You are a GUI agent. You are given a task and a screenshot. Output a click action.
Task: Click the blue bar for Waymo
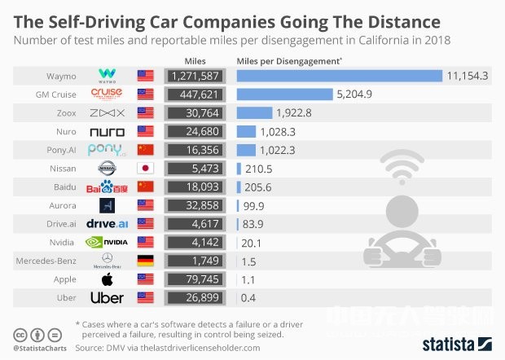(x=339, y=75)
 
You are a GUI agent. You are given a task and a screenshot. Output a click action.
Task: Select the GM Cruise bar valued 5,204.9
(x=284, y=94)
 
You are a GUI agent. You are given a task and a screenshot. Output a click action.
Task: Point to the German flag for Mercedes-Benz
(x=146, y=261)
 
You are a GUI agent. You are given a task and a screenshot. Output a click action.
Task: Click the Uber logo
(x=107, y=298)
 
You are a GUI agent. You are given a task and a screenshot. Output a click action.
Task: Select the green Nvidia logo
(x=107, y=242)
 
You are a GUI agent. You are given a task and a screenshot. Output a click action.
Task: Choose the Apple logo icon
(x=107, y=279)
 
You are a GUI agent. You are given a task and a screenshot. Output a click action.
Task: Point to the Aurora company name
(x=60, y=205)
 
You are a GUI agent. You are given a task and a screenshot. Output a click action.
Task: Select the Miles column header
(x=195, y=60)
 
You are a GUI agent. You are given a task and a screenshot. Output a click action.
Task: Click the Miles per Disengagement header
(x=288, y=60)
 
